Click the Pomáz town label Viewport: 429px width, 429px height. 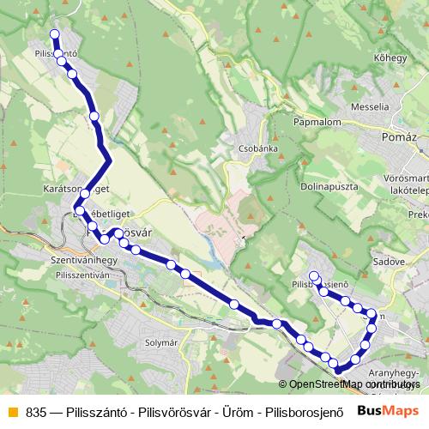[401, 137]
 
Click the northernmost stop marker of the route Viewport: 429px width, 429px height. [55, 34]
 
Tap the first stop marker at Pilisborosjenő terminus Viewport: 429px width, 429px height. [314, 276]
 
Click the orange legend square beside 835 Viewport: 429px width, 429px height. [12, 410]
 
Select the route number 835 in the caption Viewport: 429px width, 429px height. [37, 410]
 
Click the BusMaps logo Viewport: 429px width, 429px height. [387, 409]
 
